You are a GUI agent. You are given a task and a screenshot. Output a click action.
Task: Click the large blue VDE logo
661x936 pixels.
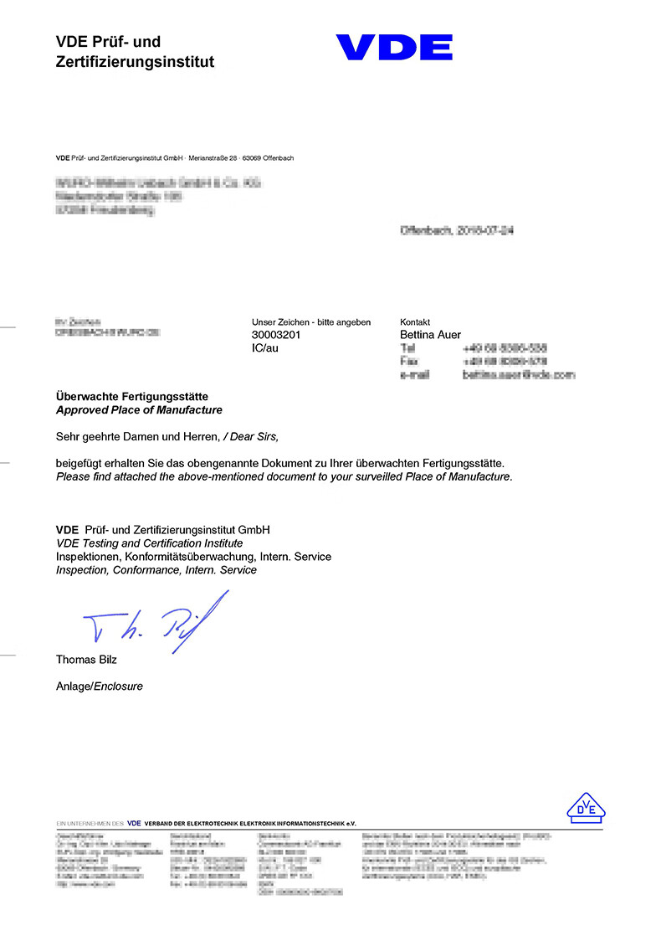pyautogui.click(x=394, y=47)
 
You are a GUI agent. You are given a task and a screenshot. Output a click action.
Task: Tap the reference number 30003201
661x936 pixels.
pyautogui.click(x=276, y=335)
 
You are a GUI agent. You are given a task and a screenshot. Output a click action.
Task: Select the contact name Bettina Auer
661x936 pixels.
pyautogui.click(x=431, y=335)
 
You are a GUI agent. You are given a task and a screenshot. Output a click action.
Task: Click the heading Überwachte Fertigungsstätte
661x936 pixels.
pyautogui.click(x=131, y=396)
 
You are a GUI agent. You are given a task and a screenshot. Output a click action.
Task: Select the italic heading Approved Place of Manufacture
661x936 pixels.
pyautogui.click(x=139, y=410)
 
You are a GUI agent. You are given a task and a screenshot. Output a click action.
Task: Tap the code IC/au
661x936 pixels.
pyautogui.click(x=265, y=348)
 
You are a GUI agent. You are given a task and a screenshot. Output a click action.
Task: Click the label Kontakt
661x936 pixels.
pyautogui.click(x=415, y=322)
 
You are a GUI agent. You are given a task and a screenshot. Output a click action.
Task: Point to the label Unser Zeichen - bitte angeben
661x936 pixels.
pyautogui.click(x=310, y=322)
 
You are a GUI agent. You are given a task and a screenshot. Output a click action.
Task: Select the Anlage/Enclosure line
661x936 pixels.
pyautogui.click(x=100, y=687)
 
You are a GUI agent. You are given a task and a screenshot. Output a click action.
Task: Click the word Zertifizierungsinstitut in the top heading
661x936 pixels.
pyautogui.click(x=135, y=62)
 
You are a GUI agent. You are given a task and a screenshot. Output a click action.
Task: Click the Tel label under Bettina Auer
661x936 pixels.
pyautogui.click(x=408, y=348)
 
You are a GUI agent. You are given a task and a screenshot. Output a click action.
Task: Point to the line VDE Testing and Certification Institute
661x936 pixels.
pyautogui.click(x=149, y=543)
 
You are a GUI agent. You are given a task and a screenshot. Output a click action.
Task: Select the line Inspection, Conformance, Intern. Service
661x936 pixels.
pyautogui.click(x=156, y=570)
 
